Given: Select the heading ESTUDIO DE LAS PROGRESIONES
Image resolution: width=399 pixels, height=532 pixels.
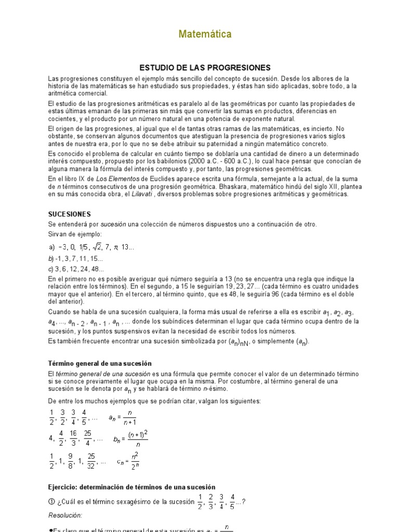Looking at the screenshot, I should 206,68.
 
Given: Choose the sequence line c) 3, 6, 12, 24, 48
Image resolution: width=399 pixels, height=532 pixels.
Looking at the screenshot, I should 76,269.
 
